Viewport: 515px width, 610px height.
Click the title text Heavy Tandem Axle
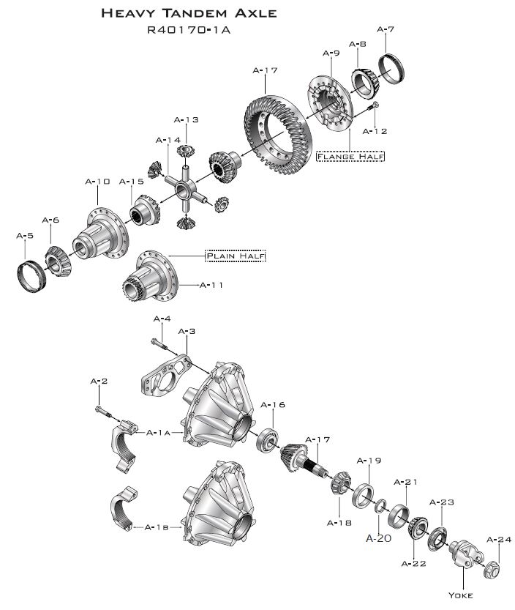coord(189,13)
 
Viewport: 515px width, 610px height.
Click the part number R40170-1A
coord(189,30)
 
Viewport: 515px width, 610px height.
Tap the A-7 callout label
coord(386,30)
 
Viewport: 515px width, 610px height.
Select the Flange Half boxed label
coord(350,156)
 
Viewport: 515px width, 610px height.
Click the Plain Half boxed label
coord(235,256)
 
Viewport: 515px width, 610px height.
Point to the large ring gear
coord(277,135)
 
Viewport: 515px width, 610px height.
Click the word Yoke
coord(462,594)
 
